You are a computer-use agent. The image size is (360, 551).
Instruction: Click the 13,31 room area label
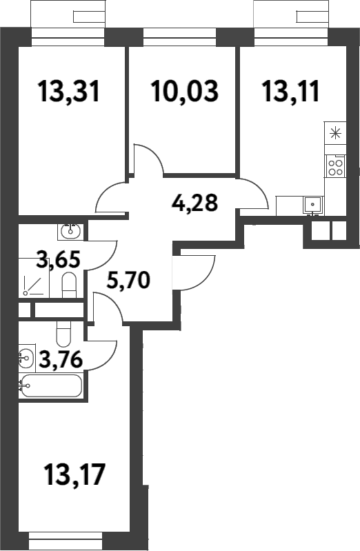coord(69,90)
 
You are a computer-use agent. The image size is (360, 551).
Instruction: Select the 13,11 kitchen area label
coord(290,90)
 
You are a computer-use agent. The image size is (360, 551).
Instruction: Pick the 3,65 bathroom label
coord(59,261)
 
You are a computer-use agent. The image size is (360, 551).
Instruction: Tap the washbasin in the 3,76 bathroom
coord(26,357)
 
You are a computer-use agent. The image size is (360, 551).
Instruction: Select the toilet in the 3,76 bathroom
coord(63,334)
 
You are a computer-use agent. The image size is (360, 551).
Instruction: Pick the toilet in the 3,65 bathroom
coord(68,285)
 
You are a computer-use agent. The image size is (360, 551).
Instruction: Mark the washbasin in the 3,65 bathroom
coord(71,229)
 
